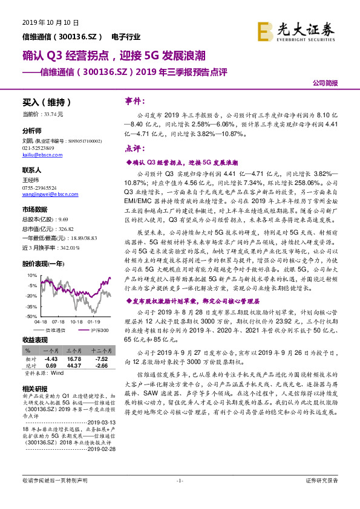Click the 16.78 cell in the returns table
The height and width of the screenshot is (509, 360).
(74, 358)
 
